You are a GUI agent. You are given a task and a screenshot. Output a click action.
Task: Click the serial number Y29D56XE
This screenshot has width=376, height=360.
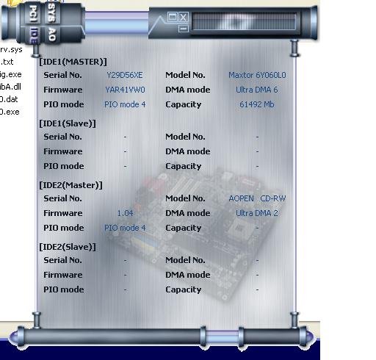[x=125, y=75]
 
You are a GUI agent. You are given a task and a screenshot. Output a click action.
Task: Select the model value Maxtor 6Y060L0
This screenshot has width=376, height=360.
[x=257, y=75]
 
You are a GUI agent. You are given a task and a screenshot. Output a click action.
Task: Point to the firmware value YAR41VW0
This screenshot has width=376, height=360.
[x=125, y=90]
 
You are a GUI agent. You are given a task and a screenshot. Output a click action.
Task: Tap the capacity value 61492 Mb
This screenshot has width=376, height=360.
[x=257, y=104]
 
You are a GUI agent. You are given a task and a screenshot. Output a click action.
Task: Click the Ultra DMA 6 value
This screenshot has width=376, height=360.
[x=257, y=90]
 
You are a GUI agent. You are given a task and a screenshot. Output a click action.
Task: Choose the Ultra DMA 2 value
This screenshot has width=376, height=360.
[x=257, y=213]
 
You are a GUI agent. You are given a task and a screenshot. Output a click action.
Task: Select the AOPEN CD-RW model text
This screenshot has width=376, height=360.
[x=257, y=198]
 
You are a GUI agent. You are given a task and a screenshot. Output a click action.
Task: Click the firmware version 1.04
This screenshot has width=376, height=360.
[x=125, y=213]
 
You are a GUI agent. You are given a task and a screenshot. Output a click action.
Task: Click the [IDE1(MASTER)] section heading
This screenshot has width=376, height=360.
[x=73, y=62]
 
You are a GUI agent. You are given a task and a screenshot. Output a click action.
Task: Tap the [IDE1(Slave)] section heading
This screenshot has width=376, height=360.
[x=68, y=123]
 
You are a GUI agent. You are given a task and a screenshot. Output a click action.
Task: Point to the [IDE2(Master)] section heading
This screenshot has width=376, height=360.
[x=70, y=185]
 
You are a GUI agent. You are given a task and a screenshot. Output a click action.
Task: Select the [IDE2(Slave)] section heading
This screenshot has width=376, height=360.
[x=68, y=247]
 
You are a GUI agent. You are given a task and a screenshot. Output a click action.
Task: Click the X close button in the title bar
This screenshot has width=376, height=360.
[x=184, y=17]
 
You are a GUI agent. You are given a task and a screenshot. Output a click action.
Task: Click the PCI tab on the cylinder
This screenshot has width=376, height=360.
[x=33, y=14]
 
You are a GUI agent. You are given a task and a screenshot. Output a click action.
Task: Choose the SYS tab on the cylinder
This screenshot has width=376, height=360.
[x=52, y=12]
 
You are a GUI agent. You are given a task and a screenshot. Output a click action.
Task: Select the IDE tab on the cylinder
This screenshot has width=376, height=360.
[x=34, y=35]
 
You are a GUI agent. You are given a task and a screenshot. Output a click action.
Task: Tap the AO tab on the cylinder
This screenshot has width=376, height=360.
[x=52, y=35]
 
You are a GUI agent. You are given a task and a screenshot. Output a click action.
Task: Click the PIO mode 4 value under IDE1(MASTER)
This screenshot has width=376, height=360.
[x=125, y=104]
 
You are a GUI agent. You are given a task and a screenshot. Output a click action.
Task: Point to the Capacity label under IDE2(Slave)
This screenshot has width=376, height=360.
[x=184, y=289]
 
